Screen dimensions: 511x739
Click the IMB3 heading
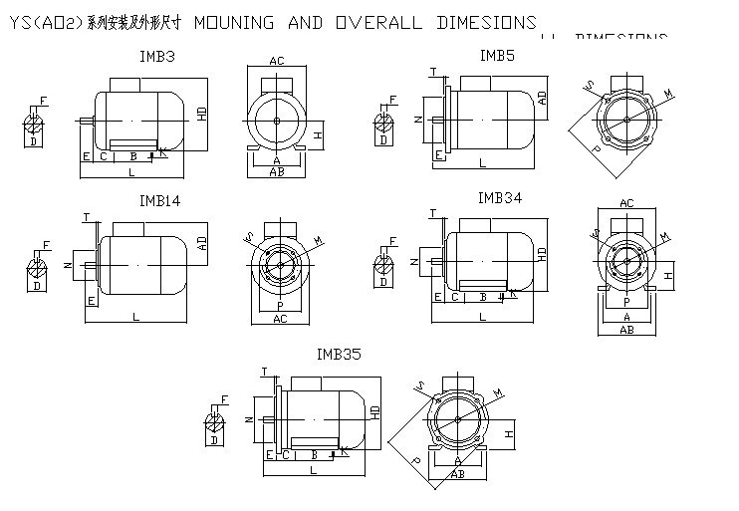coord(158,58)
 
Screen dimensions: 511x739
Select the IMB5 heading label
coord(497,56)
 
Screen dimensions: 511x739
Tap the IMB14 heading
coord(159,200)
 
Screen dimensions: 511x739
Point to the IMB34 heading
coord(500,197)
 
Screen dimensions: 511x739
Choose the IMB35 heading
coord(338,354)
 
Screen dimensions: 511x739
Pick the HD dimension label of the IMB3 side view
coord(202,113)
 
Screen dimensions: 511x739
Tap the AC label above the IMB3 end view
coord(277,62)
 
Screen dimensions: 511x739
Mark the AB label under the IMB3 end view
coord(278,171)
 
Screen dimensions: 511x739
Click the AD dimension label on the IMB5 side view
coord(542,97)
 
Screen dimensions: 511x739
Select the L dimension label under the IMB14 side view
coord(135,317)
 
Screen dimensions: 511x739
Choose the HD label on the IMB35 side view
coord(375,411)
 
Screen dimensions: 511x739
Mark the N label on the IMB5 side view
coord(419,121)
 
